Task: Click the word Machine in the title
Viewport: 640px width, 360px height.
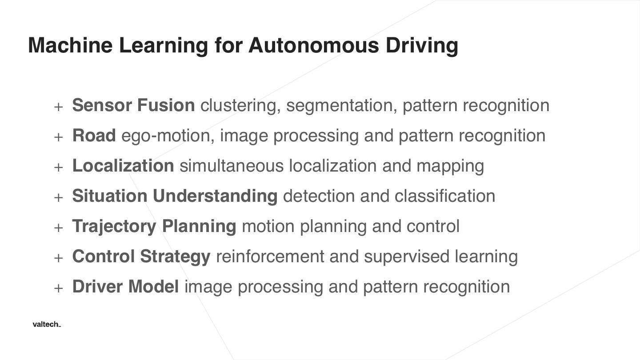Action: tap(70, 45)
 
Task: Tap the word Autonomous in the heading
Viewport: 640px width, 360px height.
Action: tap(313, 45)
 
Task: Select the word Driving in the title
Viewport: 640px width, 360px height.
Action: tap(422, 45)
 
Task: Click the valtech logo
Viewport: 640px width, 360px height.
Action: tap(47, 324)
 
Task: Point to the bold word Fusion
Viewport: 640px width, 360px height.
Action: tap(166, 105)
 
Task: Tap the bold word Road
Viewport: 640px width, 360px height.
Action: tap(94, 136)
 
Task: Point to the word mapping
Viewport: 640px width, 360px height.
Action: tap(450, 166)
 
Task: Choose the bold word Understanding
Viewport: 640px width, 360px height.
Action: tap(215, 196)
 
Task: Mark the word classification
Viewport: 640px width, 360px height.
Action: tap(444, 196)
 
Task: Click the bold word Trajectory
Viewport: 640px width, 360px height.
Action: tap(114, 226)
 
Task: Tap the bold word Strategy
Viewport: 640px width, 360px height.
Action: tap(175, 257)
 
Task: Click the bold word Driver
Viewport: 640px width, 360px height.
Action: tap(98, 287)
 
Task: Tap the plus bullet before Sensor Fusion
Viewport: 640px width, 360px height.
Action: tap(58, 107)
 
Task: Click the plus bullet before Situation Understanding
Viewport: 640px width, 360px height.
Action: tap(58, 197)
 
